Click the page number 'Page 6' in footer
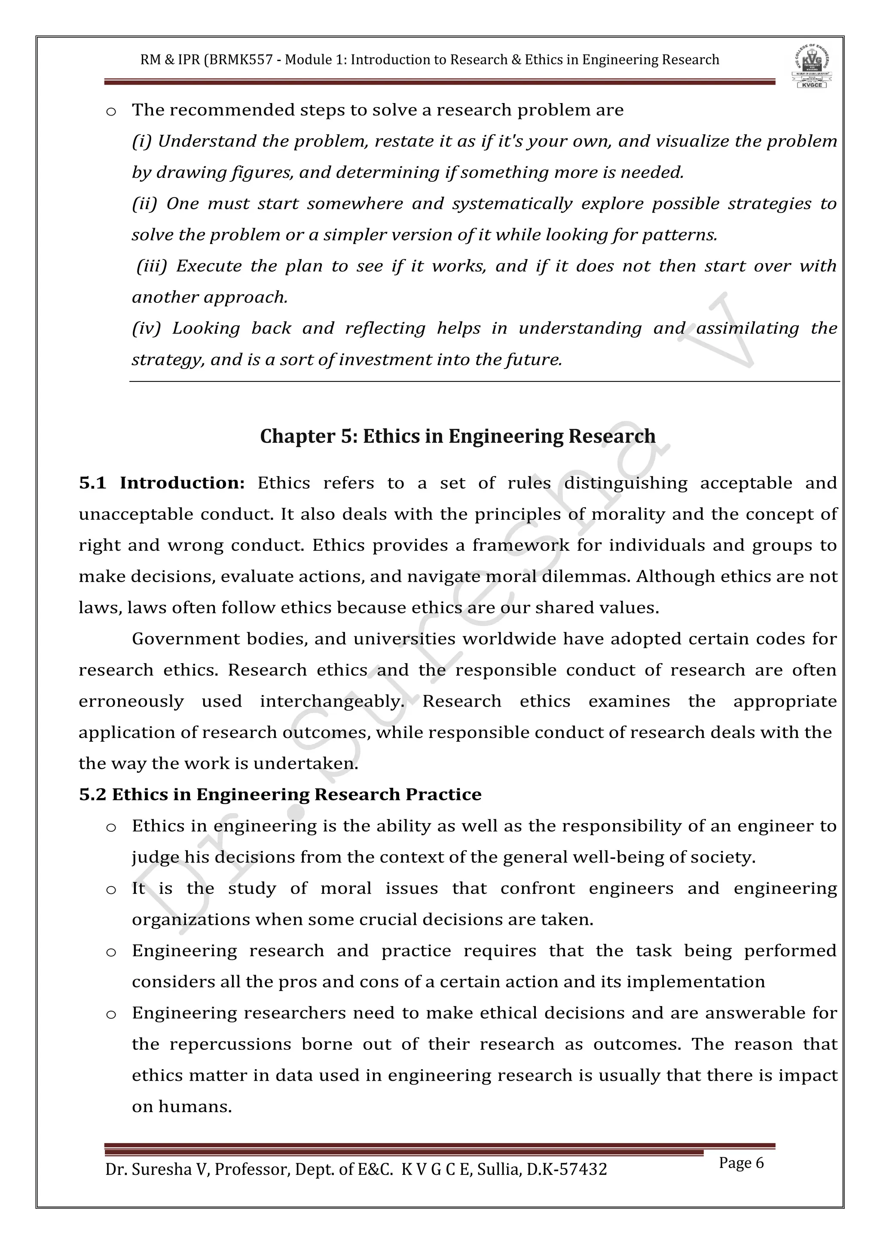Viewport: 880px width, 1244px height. [x=741, y=1162]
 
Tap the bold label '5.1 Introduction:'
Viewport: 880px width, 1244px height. [x=162, y=483]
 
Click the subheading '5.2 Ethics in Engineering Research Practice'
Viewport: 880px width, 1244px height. [x=280, y=794]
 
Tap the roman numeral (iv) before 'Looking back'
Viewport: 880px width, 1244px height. [x=146, y=328]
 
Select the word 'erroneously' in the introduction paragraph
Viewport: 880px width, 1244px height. [x=131, y=701]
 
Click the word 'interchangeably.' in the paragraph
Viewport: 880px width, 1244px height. [x=332, y=701]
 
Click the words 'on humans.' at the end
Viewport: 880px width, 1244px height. [x=181, y=1107]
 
